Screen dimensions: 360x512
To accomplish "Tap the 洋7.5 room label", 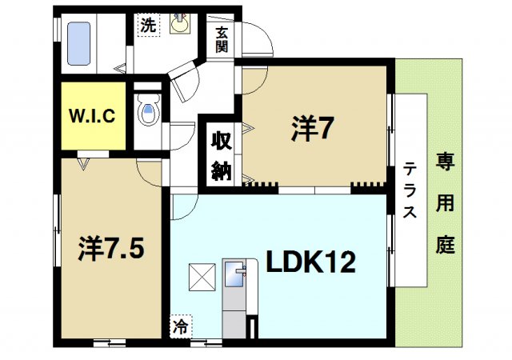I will tap(110, 249).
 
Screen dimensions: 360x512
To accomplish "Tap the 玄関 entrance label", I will tap(222, 40).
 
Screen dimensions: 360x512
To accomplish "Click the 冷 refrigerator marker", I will tap(182, 326).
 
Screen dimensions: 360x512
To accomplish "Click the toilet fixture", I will tap(148, 112).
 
